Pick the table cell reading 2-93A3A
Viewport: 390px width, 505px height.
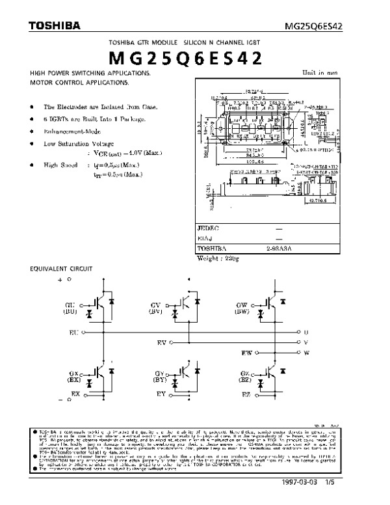click(x=279, y=249)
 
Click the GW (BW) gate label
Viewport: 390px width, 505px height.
click(x=242, y=308)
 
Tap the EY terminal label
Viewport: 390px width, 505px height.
click(x=161, y=394)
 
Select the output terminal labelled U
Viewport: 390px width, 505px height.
click(x=305, y=332)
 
